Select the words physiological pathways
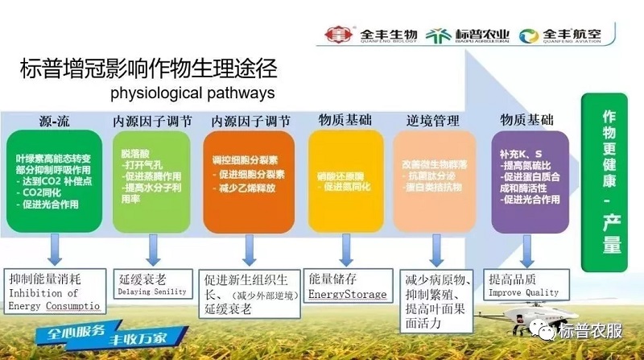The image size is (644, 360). [x=192, y=92]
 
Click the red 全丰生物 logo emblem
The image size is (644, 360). [x=334, y=35]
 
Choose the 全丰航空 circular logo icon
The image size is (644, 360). [x=530, y=35]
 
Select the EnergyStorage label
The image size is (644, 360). [x=347, y=296]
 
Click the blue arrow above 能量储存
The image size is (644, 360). [x=345, y=250]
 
